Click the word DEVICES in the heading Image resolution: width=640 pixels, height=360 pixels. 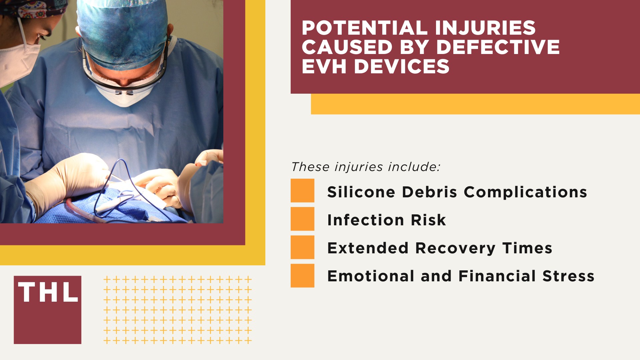click(x=401, y=66)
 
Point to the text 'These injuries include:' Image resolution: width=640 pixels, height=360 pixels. click(x=366, y=167)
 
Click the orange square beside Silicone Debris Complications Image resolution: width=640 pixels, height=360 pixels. click(x=302, y=190)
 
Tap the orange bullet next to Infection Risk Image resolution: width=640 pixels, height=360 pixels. click(x=302, y=219)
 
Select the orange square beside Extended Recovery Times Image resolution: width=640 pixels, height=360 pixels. click(x=302, y=247)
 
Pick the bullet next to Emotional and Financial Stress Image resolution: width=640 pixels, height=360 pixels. click(x=302, y=275)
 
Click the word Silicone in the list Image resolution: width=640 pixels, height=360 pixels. click(x=361, y=192)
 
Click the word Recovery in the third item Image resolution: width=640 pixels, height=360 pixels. click(x=455, y=248)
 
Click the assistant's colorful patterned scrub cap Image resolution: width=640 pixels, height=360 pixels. click(x=37, y=8)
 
